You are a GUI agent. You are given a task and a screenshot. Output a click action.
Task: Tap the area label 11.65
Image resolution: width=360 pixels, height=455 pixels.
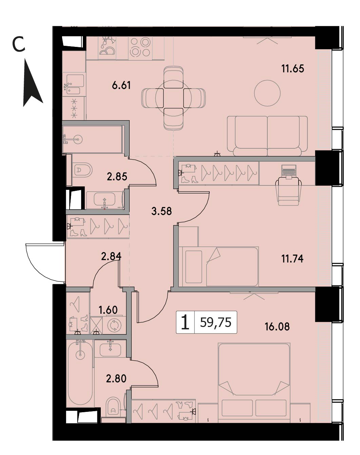(x=292, y=69)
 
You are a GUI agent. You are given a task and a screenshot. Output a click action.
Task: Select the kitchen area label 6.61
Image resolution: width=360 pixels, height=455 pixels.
(x=121, y=86)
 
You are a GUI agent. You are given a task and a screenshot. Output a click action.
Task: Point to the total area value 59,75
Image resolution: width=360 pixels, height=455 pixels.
(x=216, y=323)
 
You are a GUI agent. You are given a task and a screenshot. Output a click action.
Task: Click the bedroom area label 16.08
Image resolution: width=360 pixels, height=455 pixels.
(x=277, y=326)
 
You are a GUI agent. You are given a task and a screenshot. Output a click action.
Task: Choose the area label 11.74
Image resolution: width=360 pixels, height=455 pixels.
(x=292, y=259)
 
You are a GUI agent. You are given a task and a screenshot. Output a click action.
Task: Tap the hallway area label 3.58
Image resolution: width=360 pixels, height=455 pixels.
(x=162, y=211)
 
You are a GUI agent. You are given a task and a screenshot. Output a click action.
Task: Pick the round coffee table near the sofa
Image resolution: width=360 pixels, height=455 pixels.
(x=267, y=93)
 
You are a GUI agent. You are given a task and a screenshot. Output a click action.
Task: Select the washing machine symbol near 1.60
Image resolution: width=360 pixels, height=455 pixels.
(x=114, y=325)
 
